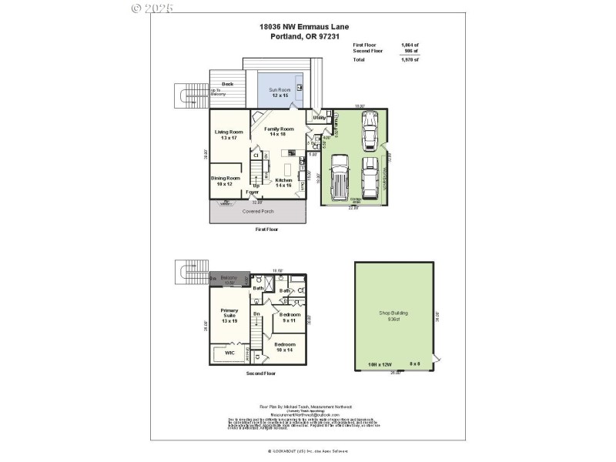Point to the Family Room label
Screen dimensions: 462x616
279,132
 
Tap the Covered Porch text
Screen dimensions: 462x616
258,210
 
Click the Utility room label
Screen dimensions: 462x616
317,117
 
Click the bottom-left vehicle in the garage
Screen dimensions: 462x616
339,176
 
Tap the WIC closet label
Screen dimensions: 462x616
229,352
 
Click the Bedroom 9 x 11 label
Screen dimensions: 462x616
290,317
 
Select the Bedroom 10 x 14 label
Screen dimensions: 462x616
284,346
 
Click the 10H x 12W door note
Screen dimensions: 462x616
380,363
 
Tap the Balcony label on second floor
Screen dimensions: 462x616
229,279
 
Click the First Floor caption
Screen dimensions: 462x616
266,229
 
